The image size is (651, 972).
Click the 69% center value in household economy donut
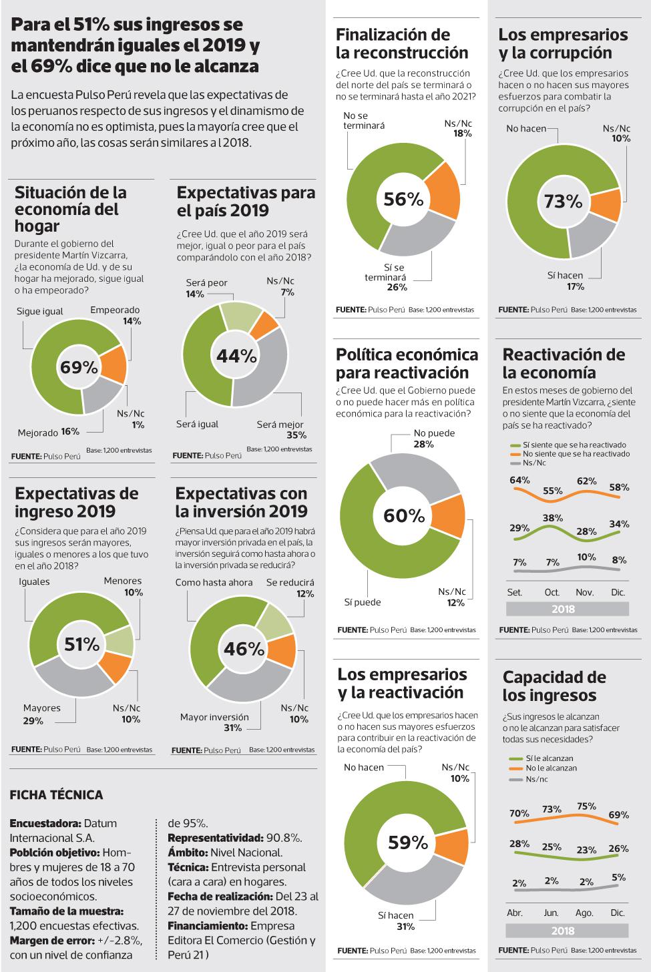coord(79,367)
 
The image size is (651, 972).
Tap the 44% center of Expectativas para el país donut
coord(236,356)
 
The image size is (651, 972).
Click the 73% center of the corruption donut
coord(564,201)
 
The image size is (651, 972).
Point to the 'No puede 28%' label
coord(433,439)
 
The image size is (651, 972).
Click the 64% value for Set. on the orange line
coord(519,480)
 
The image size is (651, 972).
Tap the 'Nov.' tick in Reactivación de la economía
coord(584,592)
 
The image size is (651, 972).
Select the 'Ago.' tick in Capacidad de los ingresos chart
coord(585,913)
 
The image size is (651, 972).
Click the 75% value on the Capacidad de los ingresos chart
coord(586,806)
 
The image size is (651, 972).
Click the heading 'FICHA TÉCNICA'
coord(57,795)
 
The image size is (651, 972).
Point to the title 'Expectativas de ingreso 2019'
coord(76,502)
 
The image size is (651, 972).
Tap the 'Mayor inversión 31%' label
coord(214,722)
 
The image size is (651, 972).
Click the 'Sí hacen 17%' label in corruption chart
coord(565,280)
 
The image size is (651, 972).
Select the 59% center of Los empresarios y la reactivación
coord(407,842)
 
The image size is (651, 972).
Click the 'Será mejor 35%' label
coord(280,429)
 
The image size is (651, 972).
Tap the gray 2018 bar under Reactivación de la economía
coord(567,609)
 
